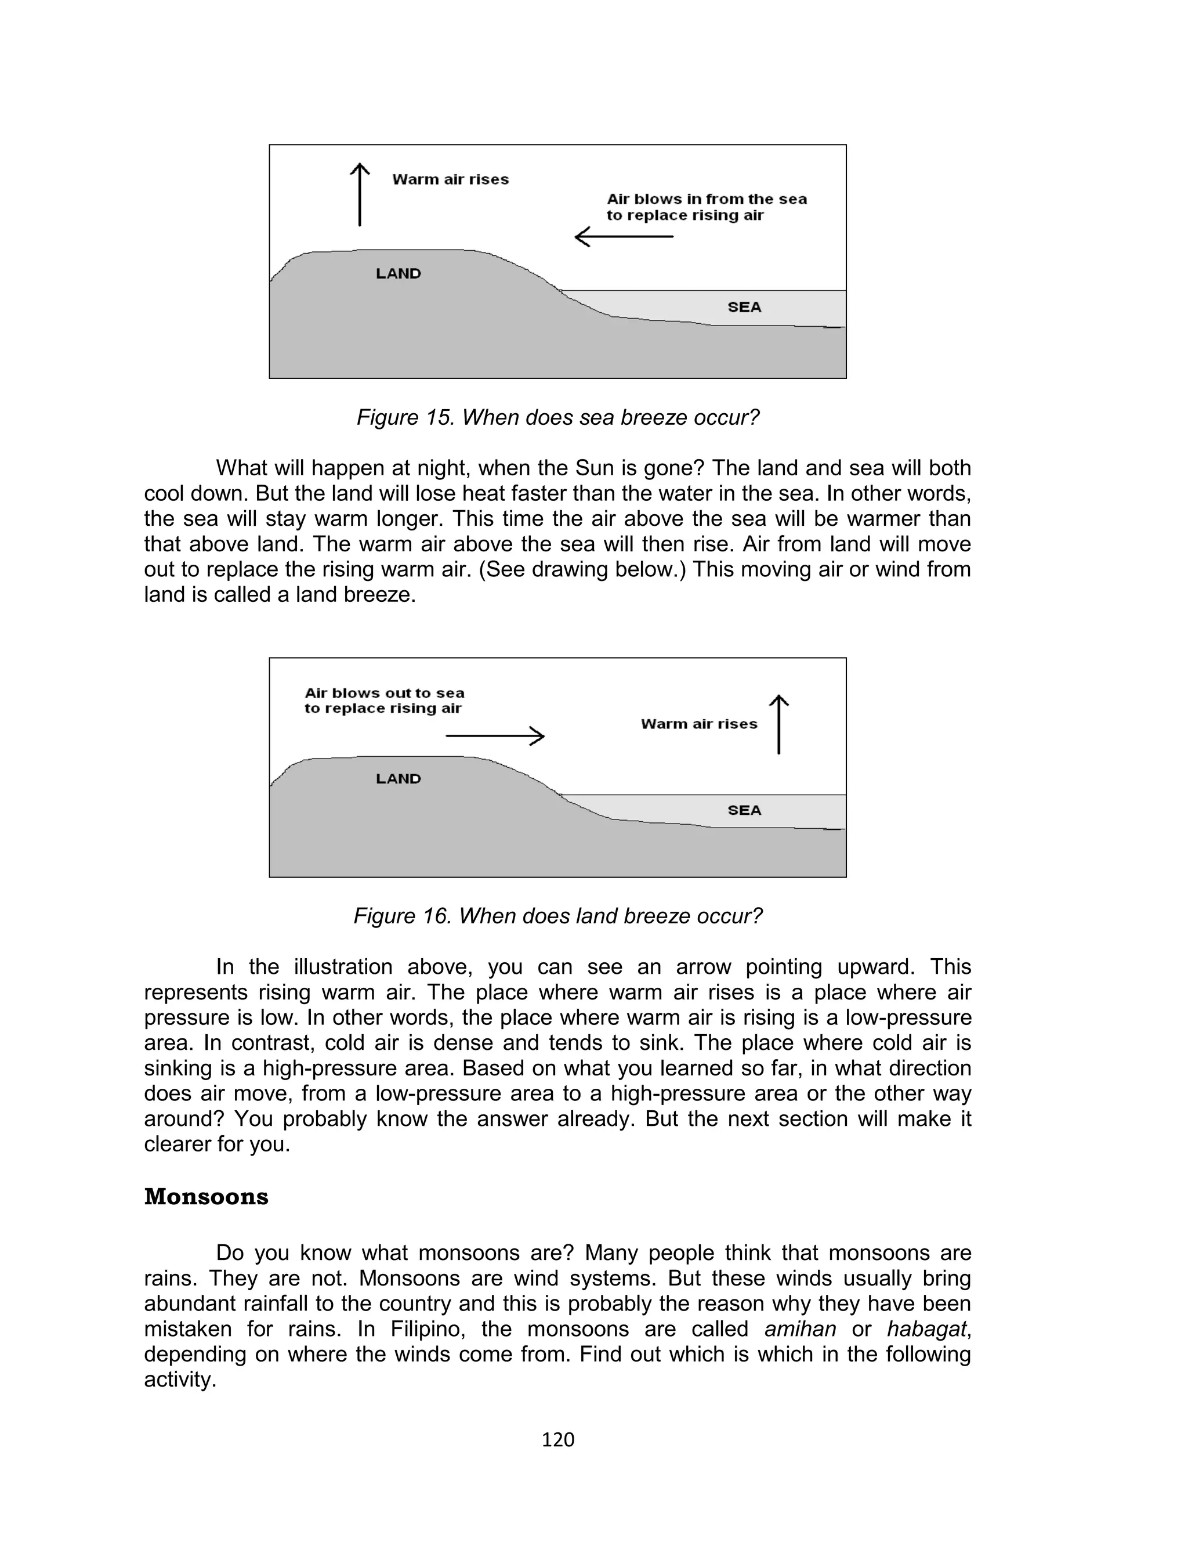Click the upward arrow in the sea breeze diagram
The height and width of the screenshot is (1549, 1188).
tap(360, 194)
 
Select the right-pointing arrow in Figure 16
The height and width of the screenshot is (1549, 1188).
tap(495, 736)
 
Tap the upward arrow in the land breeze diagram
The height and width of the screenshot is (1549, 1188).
tap(778, 724)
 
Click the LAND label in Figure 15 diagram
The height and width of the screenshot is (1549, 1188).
tap(398, 274)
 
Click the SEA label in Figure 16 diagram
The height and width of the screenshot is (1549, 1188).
tap(744, 811)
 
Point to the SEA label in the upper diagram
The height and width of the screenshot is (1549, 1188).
tap(744, 307)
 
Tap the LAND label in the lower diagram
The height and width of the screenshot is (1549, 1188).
tap(398, 779)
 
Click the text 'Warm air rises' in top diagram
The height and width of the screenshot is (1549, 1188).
tap(451, 180)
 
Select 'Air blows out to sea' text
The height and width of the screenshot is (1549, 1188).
tap(384, 693)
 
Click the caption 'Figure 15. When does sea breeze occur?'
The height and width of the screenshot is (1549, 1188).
tap(557, 417)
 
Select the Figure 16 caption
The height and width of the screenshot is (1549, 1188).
tap(557, 916)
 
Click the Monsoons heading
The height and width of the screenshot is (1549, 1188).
tap(206, 1197)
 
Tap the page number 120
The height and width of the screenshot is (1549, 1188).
tap(558, 1439)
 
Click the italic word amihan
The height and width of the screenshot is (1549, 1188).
tap(800, 1329)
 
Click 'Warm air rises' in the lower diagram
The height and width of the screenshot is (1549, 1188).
tap(698, 724)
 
